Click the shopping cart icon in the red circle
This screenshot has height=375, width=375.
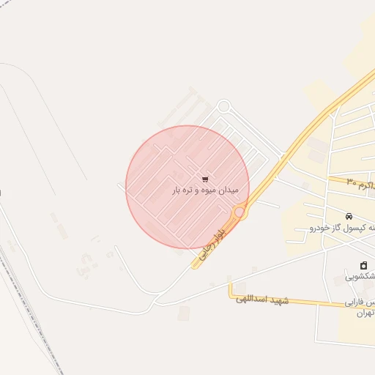[x=204, y=178]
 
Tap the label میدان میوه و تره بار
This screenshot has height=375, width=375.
[x=195, y=190]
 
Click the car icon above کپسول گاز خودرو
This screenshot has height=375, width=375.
[x=349, y=216]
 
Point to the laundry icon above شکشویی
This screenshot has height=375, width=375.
[x=363, y=265]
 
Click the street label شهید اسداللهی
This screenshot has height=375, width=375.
[x=259, y=300]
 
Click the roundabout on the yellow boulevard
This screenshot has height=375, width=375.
[x=240, y=212]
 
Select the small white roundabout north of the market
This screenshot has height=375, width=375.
[x=223, y=106]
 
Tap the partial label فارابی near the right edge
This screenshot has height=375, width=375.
[x=359, y=303]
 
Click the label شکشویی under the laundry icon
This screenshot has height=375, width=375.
[x=360, y=277]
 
